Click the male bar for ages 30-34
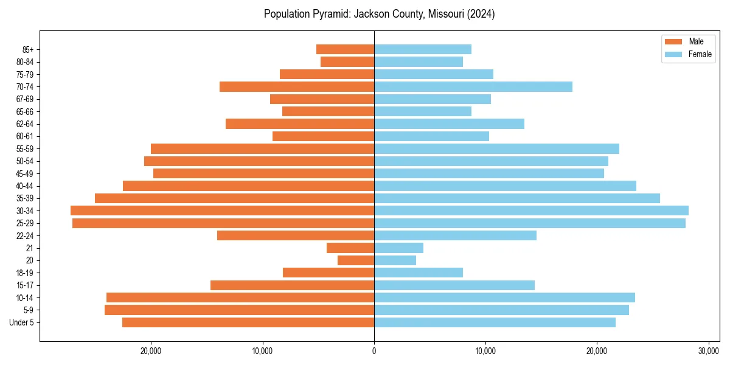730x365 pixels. click(222, 210)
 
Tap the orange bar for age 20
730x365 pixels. click(356, 260)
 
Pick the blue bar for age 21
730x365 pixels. click(398, 248)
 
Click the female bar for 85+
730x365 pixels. click(423, 49)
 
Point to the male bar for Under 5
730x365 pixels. click(248, 322)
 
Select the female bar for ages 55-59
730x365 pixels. click(496, 148)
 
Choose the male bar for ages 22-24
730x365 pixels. click(296, 235)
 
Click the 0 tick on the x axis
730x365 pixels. click(374, 352)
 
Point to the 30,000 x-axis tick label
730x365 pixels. click(709, 352)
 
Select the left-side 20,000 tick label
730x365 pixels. click(151, 352)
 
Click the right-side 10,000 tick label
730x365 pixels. click(485, 352)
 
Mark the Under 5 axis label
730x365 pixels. click(22, 322)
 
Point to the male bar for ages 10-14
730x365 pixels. click(240, 297)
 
